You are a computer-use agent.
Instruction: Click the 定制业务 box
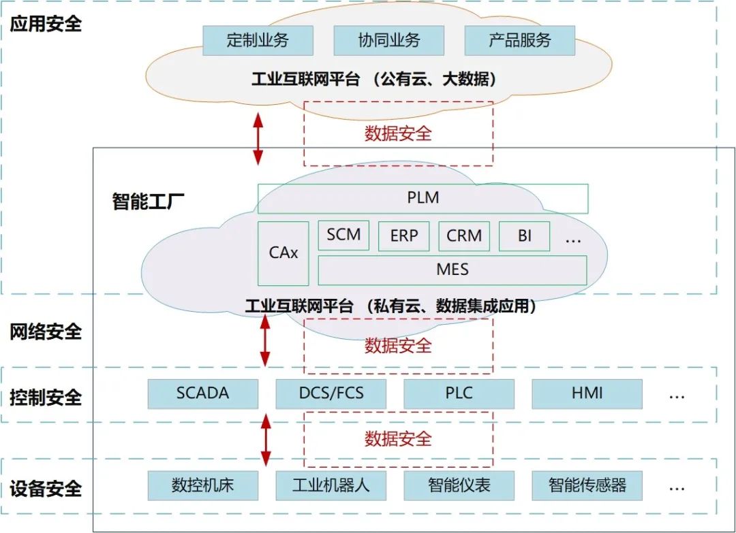[258, 41]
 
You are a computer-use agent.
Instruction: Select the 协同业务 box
[388, 41]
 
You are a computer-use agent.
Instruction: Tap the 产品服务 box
[519, 41]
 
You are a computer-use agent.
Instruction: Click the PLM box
[423, 198]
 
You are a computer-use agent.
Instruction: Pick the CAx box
[283, 253]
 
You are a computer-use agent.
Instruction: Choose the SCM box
[343, 236]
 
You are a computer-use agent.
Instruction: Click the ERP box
[403, 236]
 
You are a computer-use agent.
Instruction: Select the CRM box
[464, 236]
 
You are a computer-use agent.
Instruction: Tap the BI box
[524, 236]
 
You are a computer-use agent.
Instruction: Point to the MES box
[453, 270]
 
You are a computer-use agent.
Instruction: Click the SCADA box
[203, 393]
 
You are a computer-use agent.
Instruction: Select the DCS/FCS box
[331, 393]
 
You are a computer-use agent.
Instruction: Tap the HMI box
[587, 393]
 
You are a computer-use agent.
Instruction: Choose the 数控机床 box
[203, 485]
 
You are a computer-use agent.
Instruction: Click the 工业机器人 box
[331, 485]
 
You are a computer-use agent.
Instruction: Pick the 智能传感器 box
[587, 485]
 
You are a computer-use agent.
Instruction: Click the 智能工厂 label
[148, 201]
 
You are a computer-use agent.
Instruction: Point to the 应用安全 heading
[46, 23]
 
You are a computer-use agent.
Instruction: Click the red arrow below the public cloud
[258, 139]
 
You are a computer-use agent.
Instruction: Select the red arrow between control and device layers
[266, 440]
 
